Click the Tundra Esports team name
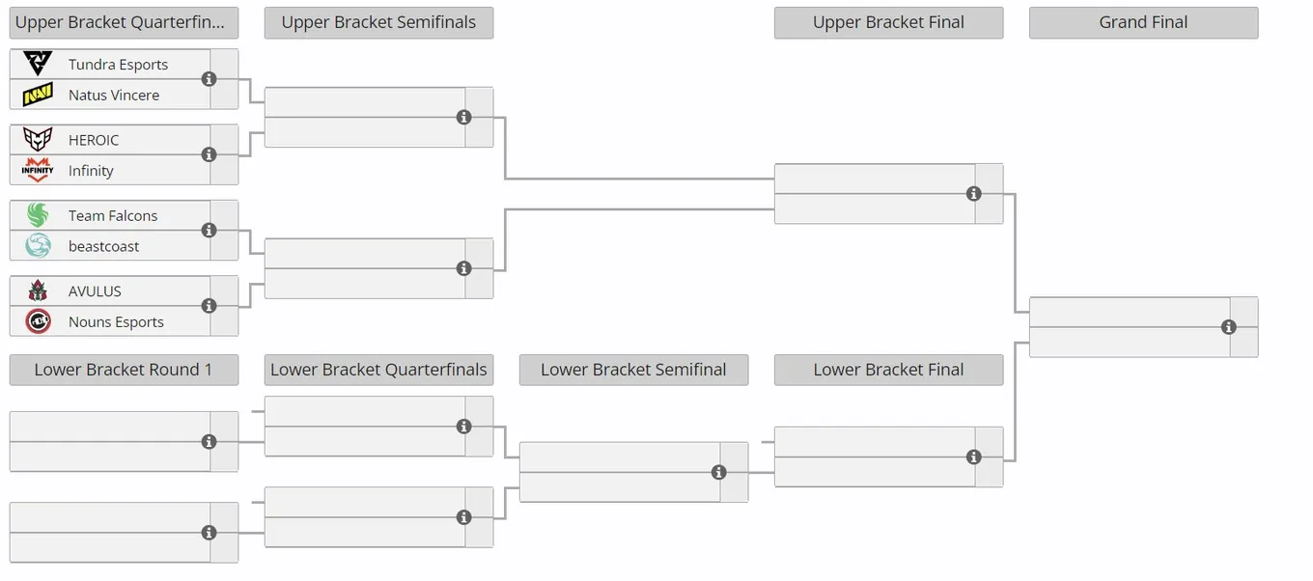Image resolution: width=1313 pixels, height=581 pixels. tap(118, 65)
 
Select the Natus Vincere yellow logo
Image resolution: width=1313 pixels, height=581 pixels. tap(38, 95)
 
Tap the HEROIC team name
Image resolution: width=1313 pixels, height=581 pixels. tap(94, 140)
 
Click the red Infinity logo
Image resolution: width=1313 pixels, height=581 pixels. tap(38, 170)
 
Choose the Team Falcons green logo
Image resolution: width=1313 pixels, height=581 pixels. tap(38, 215)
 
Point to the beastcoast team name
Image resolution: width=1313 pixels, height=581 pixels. tap(103, 246)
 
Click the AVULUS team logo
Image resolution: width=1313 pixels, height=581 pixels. tap(38, 290)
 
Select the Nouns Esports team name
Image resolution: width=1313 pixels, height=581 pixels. tap(116, 322)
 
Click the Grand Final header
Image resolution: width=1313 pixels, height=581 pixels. tap(1143, 22)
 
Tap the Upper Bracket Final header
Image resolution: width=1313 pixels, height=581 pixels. tap(888, 22)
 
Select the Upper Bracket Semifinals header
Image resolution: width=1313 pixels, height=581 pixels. tap(378, 22)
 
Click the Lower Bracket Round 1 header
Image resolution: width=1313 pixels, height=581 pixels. tap(124, 370)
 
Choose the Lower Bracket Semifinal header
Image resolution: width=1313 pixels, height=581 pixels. tap(633, 370)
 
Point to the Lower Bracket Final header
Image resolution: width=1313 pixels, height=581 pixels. tap(888, 370)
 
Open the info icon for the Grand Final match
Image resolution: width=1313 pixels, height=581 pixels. tap(1229, 327)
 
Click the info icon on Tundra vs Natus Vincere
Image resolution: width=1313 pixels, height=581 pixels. tap(209, 79)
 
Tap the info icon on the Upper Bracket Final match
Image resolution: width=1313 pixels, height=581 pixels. tap(973, 194)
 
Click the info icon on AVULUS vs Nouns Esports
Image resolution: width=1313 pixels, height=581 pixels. tap(209, 306)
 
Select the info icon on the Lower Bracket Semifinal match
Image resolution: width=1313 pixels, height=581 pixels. tap(718, 472)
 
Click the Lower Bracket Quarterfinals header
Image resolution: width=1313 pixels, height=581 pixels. tap(378, 370)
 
